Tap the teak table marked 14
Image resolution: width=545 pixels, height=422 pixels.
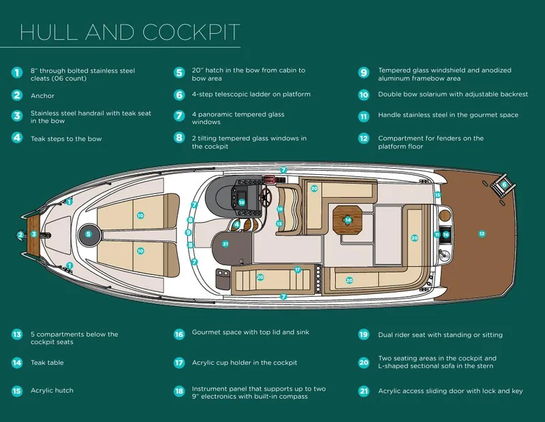point(347,220)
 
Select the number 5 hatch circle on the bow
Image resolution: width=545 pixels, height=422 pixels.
point(89,234)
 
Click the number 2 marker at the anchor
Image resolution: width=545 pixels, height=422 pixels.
point(20,235)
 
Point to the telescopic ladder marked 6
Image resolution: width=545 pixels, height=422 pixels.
point(504,184)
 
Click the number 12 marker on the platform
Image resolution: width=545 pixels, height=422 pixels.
point(482,234)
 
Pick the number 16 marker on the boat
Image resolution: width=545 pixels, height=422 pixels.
point(446,234)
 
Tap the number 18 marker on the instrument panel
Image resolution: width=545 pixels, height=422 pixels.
point(241,202)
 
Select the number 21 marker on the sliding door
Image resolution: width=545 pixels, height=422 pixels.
point(225,244)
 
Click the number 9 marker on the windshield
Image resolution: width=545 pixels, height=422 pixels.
point(189,232)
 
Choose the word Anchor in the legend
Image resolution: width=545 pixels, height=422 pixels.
point(42,96)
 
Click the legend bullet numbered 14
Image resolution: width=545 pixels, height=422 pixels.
point(17,363)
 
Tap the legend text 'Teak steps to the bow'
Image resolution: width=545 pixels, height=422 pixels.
point(67,138)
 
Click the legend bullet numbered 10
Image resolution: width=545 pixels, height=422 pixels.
point(364,95)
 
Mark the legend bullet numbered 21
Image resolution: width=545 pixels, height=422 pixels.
point(364,391)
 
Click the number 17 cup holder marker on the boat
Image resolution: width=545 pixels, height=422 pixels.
point(297,270)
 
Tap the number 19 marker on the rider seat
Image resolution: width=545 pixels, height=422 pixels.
point(279,210)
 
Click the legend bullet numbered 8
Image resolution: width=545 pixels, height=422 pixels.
point(179,138)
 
